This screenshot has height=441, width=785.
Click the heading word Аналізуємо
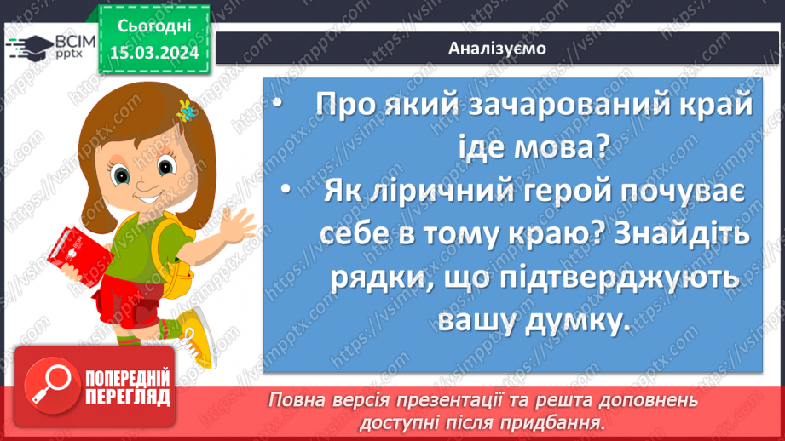pyautogui.click(x=497, y=48)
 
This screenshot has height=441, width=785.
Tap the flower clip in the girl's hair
pyautogui.click(x=184, y=109)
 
